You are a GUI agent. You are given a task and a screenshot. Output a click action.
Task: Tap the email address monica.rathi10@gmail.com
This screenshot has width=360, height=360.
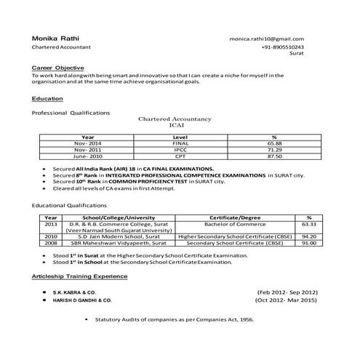pyautogui.click(x=266, y=39)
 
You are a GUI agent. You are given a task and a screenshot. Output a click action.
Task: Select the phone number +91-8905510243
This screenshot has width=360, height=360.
pyautogui.click(x=282, y=47)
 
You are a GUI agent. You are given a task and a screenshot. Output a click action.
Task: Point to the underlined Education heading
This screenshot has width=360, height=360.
pyautogui.click(x=47, y=97)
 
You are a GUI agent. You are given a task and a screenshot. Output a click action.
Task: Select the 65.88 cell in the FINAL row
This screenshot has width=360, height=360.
pyautogui.click(x=274, y=143)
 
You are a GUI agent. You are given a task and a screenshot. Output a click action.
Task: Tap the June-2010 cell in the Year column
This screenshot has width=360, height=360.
pyautogui.click(x=87, y=156)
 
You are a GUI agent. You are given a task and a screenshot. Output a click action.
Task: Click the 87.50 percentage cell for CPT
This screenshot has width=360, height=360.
pyautogui.click(x=274, y=156)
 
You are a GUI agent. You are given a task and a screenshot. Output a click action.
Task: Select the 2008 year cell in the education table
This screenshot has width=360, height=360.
pyautogui.click(x=50, y=243)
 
